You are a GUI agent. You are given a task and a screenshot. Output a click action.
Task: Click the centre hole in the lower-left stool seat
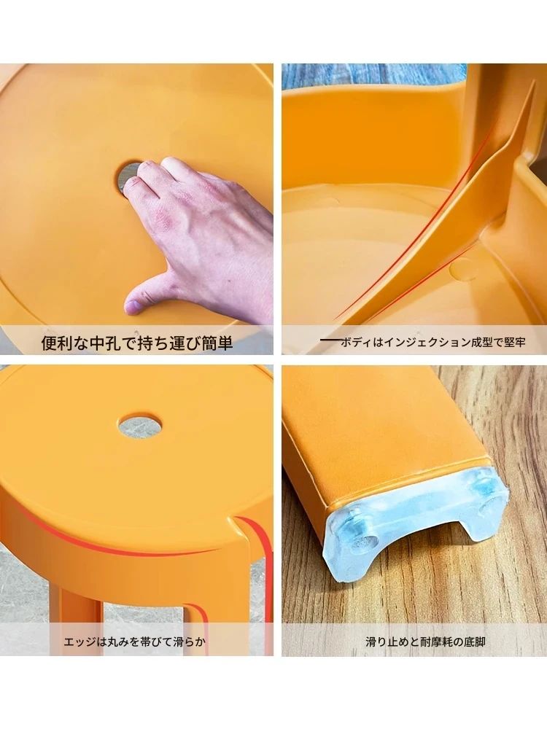point(139,424)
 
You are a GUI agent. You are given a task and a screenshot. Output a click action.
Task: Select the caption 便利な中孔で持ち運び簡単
point(137,343)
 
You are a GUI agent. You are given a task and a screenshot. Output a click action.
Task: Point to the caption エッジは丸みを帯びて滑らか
point(134,642)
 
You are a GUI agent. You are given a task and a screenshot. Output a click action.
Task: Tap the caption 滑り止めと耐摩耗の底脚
point(426,642)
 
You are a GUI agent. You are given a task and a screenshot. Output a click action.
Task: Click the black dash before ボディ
point(330,340)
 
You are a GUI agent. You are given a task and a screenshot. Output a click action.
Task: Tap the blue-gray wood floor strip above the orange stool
point(372,76)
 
